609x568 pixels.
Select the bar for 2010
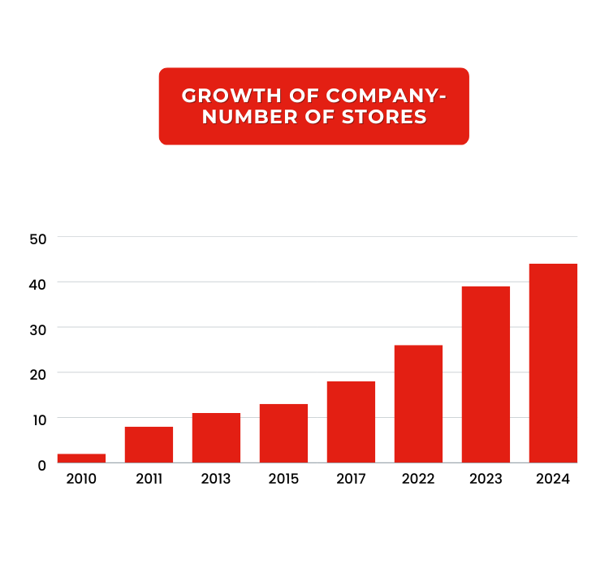pos(81,458)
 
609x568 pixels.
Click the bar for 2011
pos(149,445)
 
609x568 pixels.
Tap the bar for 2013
pos(216,438)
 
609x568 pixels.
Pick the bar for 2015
pos(283,433)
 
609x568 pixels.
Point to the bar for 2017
pos(351,422)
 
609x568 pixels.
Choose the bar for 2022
pos(418,404)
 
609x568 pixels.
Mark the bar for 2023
pos(486,374)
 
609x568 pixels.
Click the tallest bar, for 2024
pos(553,363)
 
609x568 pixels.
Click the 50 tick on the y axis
pos(40,238)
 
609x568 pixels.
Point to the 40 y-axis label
pos(40,283)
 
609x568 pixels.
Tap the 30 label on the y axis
pos(40,329)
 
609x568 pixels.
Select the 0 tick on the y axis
pos(41,464)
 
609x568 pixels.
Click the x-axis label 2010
pos(81,479)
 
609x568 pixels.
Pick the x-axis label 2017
pos(351,479)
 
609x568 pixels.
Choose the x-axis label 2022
pos(418,479)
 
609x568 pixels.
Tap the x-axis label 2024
pos(553,479)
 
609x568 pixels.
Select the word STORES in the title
pos(384,117)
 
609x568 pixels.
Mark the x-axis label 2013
pos(216,479)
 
